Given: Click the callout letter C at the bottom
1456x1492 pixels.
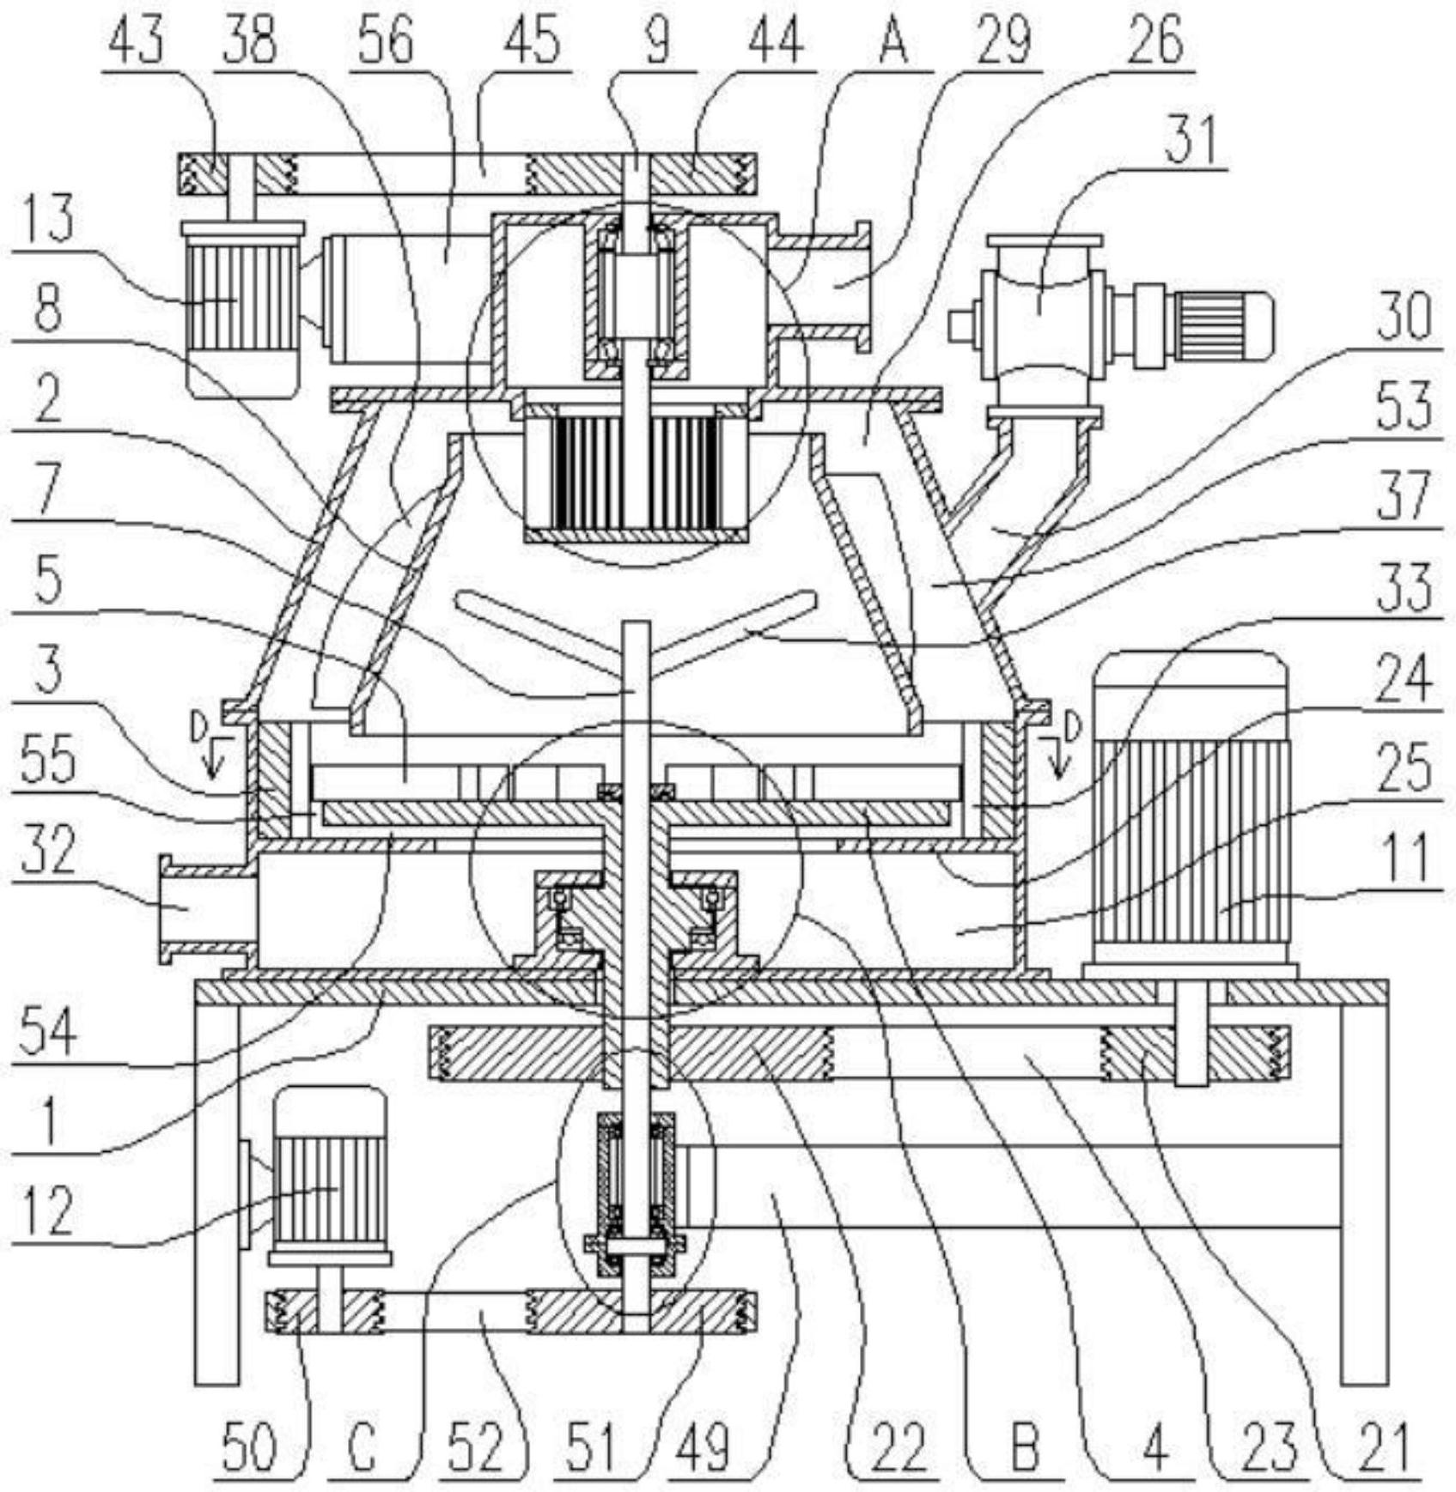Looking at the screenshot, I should (363, 1446).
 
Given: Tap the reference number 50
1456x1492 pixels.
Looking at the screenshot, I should (250, 1446).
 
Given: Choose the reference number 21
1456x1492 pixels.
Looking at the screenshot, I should (1387, 1446).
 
